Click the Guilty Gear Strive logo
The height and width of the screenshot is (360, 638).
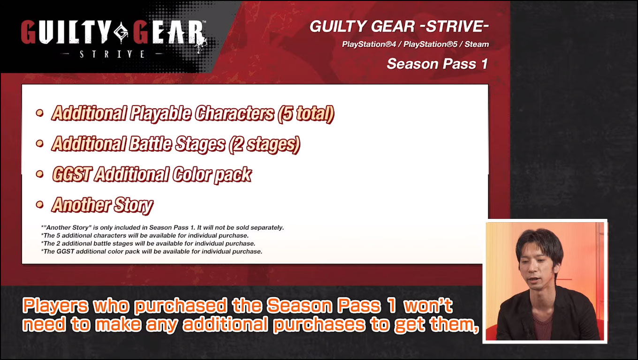[113, 37]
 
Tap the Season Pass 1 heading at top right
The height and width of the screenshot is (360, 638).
[437, 64]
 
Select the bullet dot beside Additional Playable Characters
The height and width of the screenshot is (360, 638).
[40, 113]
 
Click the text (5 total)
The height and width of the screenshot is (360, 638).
[305, 113]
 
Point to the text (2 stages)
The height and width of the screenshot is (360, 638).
[264, 144]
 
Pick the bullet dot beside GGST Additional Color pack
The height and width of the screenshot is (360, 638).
[40, 174]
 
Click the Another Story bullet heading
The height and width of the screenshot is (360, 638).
[102, 205]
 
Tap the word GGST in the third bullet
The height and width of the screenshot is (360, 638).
[72, 174]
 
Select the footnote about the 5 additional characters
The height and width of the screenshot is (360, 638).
[145, 236]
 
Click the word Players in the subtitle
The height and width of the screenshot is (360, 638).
[55, 306]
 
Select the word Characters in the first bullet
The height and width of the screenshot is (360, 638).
[234, 113]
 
